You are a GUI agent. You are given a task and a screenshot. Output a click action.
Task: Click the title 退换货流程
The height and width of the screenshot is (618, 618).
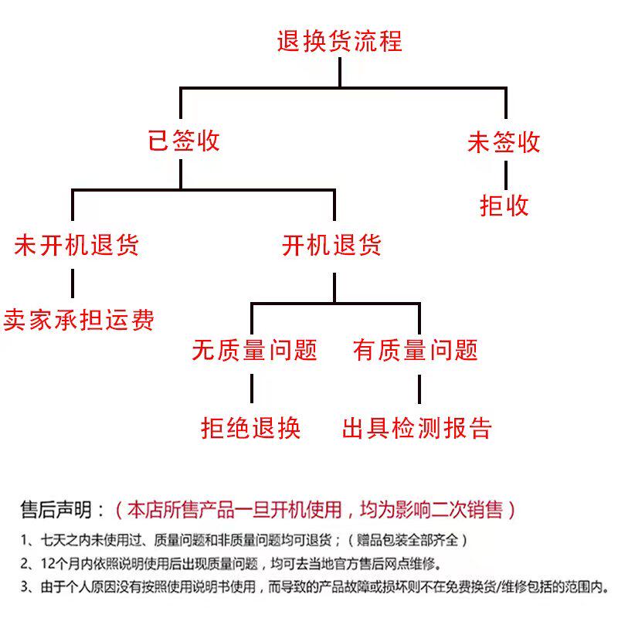click(339, 41)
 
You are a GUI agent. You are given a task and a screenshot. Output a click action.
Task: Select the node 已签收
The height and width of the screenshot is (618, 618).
click(184, 141)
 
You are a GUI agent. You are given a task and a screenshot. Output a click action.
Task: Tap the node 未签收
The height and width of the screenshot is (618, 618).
click(504, 142)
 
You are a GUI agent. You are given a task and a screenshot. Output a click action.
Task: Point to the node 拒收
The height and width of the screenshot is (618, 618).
click(504, 205)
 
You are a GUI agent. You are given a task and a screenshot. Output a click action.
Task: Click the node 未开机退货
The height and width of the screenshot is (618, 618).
click(76, 245)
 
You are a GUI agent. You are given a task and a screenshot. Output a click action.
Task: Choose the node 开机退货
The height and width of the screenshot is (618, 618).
click(331, 245)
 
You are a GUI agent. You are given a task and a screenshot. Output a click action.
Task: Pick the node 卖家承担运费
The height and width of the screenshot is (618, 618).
click(79, 319)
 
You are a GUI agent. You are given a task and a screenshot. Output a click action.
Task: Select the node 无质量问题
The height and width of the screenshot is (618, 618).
click(255, 350)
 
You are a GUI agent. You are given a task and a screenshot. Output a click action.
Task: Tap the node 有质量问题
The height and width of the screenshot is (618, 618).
click(416, 350)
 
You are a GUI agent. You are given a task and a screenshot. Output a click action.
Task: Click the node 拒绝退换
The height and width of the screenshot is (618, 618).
click(250, 428)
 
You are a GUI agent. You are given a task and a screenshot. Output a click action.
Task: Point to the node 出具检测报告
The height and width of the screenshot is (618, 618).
click(417, 428)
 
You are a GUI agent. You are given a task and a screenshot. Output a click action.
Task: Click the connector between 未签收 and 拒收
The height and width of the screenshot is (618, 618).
click(506, 175)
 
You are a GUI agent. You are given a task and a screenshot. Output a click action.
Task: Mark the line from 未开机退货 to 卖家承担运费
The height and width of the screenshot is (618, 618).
click(73, 284)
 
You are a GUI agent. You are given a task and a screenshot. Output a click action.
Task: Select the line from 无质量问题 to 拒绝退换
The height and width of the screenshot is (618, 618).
click(252, 389)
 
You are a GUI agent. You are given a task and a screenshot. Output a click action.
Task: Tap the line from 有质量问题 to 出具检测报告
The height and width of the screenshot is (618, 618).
click(419, 389)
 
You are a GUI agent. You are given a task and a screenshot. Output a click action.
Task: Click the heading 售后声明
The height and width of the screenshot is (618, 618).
click(56, 510)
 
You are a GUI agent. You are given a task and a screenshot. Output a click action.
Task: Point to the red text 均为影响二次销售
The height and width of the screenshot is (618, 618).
click(432, 510)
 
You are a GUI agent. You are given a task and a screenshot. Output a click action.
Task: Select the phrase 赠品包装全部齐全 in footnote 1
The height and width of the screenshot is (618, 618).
click(407, 540)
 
